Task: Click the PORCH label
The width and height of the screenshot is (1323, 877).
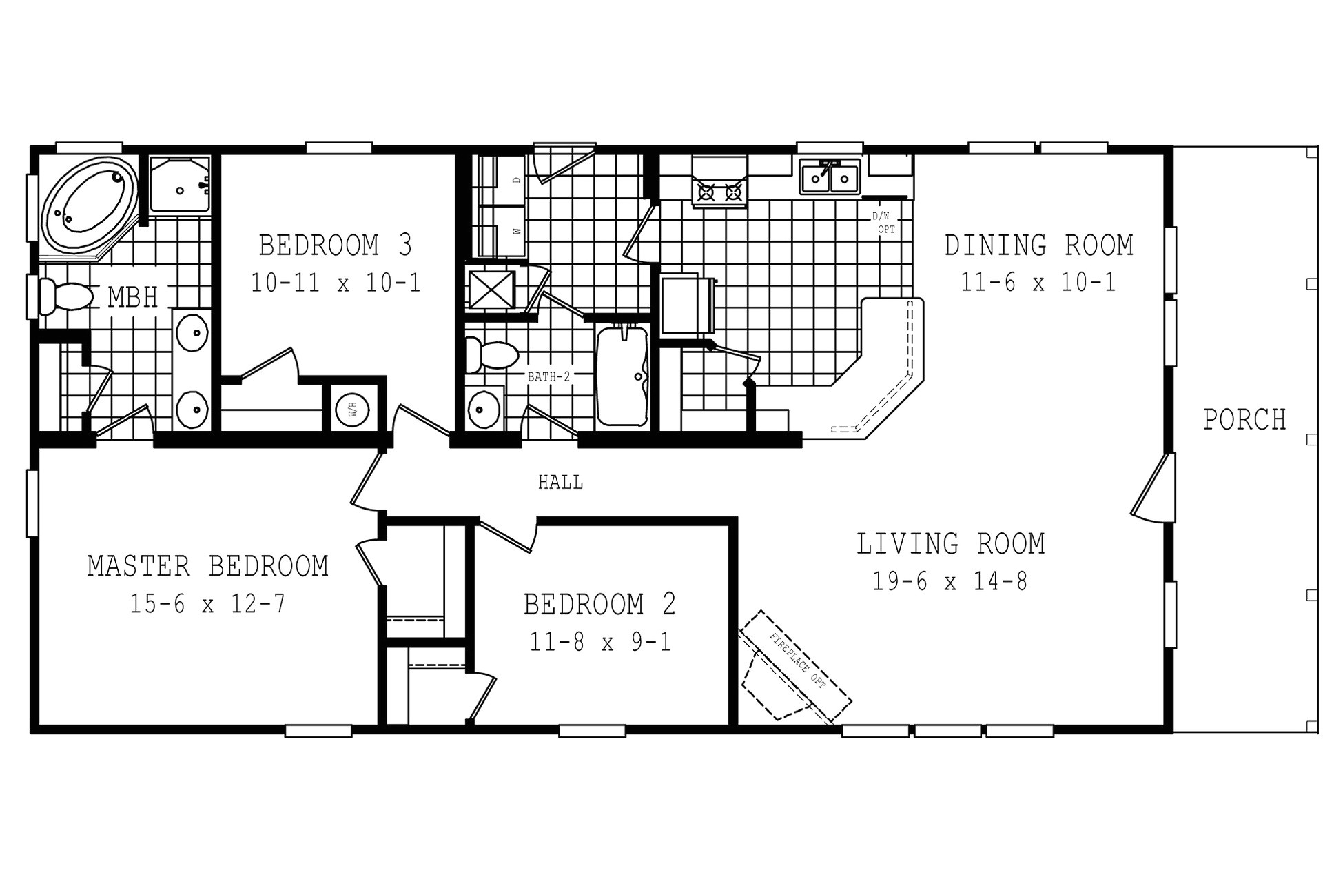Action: point(1244,419)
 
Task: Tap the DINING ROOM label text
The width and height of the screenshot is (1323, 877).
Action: point(1038,245)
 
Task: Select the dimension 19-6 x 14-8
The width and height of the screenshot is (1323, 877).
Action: point(950,581)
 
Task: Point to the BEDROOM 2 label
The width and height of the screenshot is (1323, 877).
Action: point(599,604)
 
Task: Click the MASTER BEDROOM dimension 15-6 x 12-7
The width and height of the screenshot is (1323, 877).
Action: point(207,604)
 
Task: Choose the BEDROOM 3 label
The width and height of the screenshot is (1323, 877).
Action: point(336,245)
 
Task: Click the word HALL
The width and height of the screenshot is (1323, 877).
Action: point(560,483)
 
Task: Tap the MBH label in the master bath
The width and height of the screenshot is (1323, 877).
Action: point(133,297)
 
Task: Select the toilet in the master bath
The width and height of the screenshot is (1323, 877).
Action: point(65,296)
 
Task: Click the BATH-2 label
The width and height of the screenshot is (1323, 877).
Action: point(549,377)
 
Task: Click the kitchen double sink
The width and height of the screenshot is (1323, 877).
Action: point(830,177)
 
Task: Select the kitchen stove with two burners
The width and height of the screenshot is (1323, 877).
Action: point(719,181)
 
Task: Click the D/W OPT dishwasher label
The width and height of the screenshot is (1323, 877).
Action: point(884,223)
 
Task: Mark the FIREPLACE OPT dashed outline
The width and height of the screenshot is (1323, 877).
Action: point(795,666)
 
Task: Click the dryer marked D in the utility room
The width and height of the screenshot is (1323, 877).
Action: point(502,180)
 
